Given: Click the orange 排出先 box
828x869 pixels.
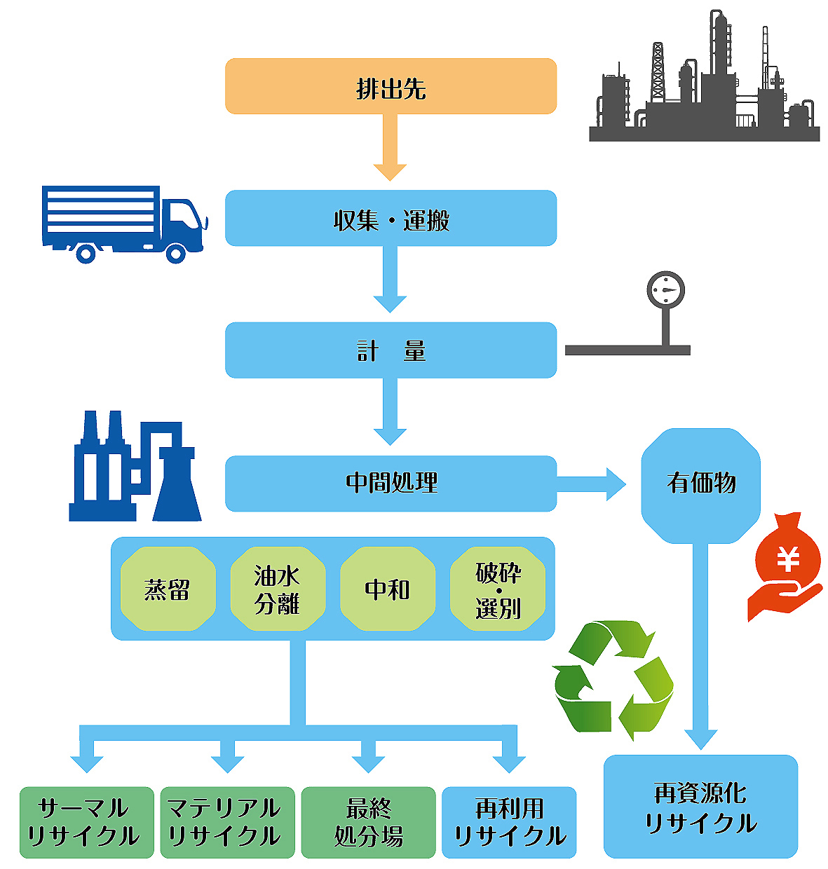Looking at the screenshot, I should click(391, 86).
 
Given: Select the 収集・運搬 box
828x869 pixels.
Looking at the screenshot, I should click(391, 218).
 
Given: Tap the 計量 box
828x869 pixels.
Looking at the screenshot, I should click(391, 350).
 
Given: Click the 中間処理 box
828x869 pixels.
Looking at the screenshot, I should click(391, 483).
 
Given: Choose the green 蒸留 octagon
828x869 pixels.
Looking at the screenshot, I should click(168, 589).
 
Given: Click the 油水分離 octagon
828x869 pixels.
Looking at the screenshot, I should click(278, 589).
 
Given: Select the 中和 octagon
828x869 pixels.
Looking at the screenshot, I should click(387, 589).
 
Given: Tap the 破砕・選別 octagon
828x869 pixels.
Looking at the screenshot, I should click(498, 589).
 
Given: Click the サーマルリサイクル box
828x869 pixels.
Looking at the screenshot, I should click(86, 822).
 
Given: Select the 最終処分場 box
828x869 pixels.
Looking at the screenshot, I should click(368, 822).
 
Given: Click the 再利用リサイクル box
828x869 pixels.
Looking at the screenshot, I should click(509, 822).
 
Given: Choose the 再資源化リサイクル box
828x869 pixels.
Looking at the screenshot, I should click(700, 807).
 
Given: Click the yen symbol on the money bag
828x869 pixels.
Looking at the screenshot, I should click(789, 559).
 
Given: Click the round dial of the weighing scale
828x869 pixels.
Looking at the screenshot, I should click(665, 290).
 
